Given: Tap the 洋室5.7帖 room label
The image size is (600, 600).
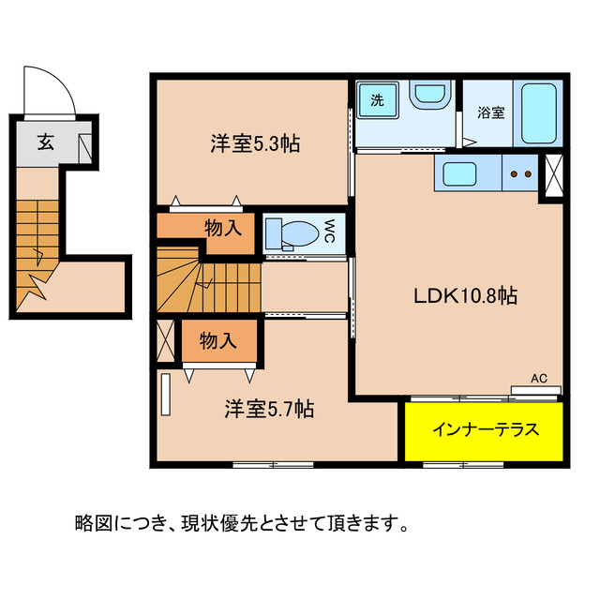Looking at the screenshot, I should tap(268, 409).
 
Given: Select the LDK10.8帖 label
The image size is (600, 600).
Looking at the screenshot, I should tap(467, 296).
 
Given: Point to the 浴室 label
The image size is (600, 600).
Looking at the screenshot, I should tap(491, 113).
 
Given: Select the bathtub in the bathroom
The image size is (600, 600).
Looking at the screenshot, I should tap(540, 113).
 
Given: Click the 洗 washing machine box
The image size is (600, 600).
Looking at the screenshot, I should tap(376, 99).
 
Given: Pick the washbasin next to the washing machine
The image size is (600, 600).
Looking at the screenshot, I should tap(430, 96).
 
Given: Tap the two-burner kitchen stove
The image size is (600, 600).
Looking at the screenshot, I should tap(521, 172).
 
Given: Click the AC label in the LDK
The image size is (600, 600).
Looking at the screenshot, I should tap(539, 379).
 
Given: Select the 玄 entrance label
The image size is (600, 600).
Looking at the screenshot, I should tap(45, 142).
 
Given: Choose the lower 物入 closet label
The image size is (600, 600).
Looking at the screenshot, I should tap(218, 340).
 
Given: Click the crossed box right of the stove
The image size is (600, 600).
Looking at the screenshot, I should tap(554, 172).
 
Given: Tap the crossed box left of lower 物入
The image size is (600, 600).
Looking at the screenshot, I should tap(166, 341).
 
